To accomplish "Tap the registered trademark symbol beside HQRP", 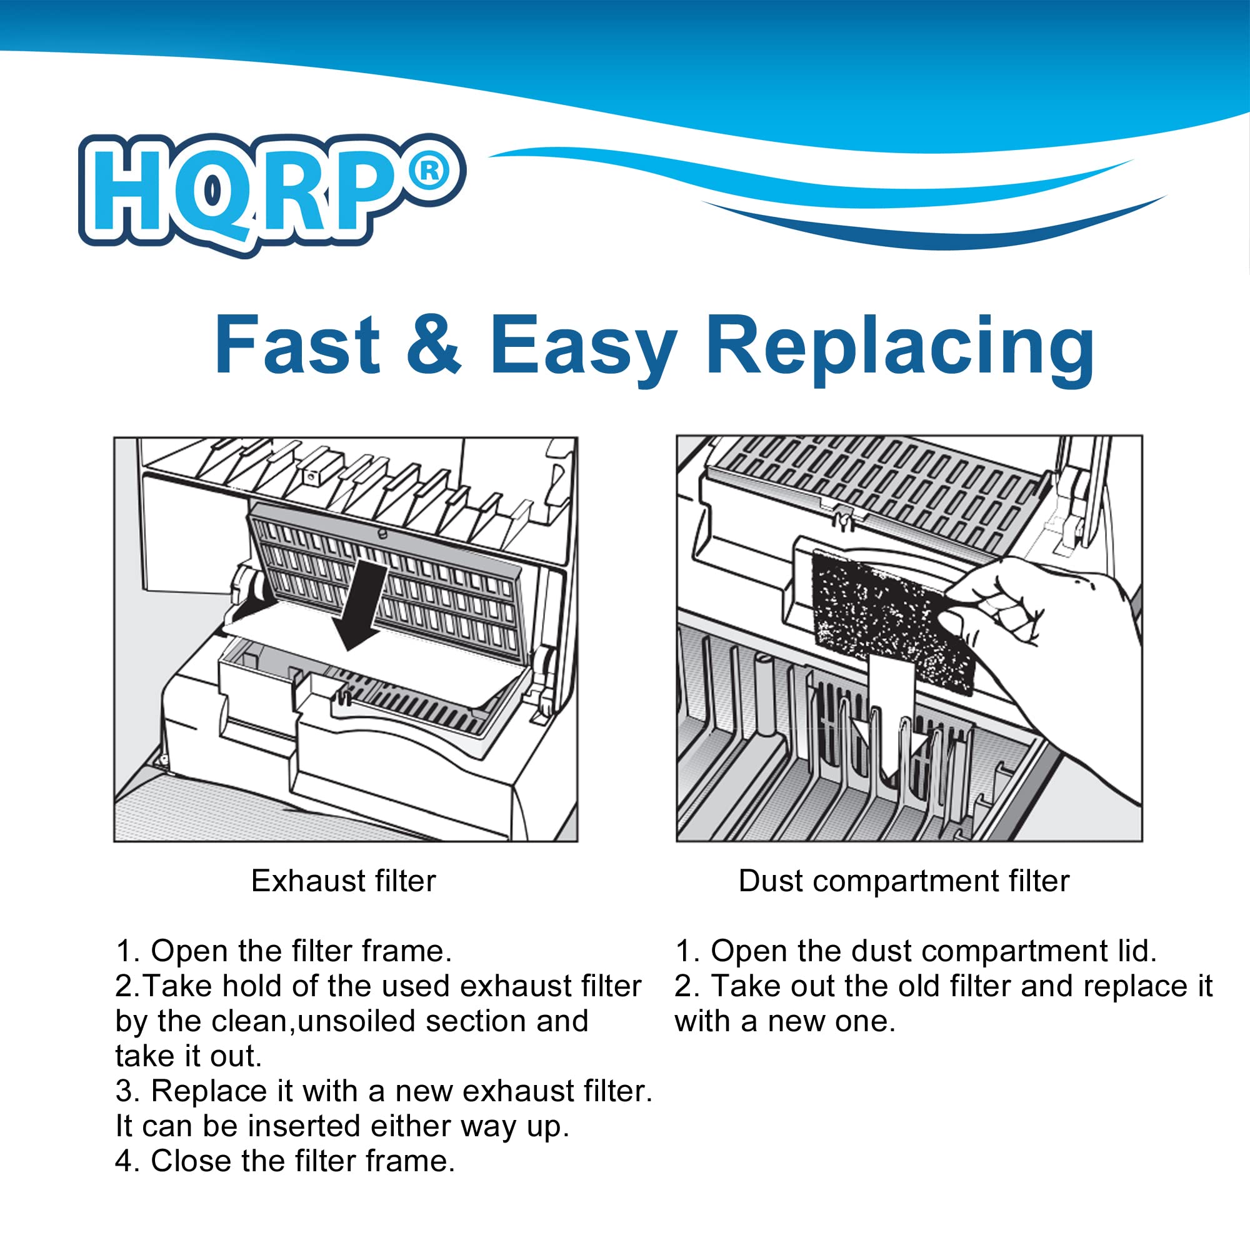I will click(429, 171).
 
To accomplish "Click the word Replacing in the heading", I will click(899, 346).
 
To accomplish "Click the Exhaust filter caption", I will click(344, 881).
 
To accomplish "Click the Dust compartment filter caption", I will click(904, 881).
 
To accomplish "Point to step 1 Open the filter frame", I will click(284, 951).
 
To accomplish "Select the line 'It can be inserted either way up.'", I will click(342, 1126).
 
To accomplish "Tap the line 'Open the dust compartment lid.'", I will click(915, 951).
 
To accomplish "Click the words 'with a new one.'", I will click(785, 1021).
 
